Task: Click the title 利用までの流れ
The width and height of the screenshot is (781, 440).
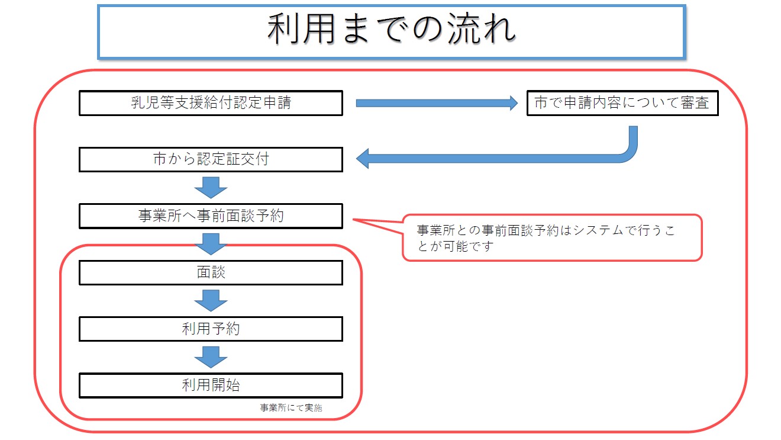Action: click(x=391, y=31)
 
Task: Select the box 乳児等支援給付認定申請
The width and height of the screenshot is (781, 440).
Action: click(x=211, y=103)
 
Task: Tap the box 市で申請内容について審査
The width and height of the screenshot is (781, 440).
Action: click(x=622, y=103)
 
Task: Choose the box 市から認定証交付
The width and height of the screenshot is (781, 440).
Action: click(x=211, y=160)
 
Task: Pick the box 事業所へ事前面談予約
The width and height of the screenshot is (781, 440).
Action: click(x=211, y=216)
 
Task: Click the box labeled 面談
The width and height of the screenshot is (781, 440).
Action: click(x=211, y=272)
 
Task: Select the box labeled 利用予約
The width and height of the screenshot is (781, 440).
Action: click(x=211, y=329)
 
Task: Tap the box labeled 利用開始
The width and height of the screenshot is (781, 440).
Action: click(x=211, y=385)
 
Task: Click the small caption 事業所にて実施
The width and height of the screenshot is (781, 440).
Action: click(x=291, y=408)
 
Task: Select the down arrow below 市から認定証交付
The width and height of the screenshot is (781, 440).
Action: click(x=211, y=188)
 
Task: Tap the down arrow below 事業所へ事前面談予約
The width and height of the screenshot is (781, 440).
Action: click(x=211, y=244)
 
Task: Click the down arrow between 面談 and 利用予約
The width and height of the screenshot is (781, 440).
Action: click(x=211, y=300)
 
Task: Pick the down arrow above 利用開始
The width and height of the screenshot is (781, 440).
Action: click(x=211, y=357)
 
